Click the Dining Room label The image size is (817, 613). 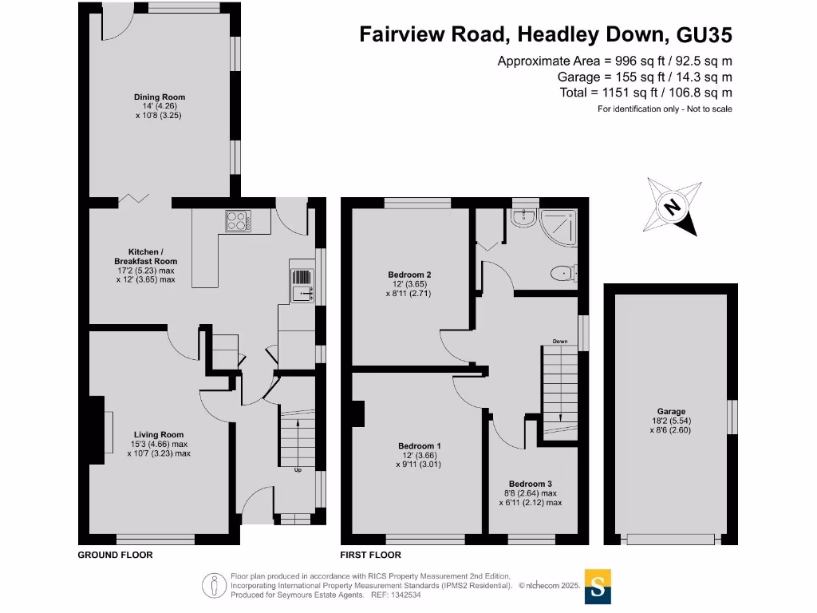tap(160, 97)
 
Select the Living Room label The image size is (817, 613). tap(160, 435)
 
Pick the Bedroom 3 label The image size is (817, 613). tap(531, 484)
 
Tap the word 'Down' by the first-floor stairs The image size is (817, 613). tap(559, 342)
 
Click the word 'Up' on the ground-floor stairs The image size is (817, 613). tap(298, 470)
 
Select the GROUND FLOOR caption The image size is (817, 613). tap(115, 555)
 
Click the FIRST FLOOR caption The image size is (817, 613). tap(371, 555)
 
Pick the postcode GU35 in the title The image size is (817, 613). tap(704, 34)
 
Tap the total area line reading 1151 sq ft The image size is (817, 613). tap(645, 93)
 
